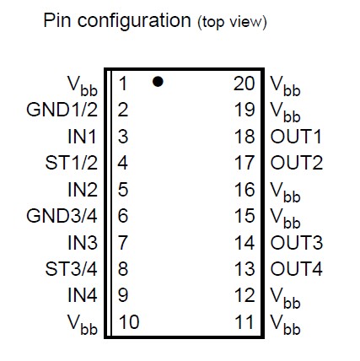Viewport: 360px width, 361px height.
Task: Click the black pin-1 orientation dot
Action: [158, 82]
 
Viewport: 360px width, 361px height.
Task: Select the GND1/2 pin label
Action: [62, 110]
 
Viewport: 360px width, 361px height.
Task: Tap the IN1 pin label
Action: [83, 137]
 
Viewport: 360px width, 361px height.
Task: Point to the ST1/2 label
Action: [72, 163]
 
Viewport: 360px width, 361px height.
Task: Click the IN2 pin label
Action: [83, 189]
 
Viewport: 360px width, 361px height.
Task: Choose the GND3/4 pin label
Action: [62, 216]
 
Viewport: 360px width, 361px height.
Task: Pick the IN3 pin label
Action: [83, 243]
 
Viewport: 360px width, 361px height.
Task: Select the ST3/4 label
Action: [72, 269]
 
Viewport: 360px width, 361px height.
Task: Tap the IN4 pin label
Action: [83, 295]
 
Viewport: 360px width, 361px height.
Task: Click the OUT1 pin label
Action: [296, 137]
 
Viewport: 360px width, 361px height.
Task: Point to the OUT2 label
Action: [297, 163]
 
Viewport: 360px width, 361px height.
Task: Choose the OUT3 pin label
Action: [297, 243]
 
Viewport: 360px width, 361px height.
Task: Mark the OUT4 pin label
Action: [297, 269]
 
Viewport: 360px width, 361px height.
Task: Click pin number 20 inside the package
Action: [244, 84]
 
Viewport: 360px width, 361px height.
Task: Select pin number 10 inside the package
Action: [129, 321]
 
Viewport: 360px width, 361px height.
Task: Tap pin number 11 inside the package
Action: [244, 321]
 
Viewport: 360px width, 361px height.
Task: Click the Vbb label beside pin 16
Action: [285, 192]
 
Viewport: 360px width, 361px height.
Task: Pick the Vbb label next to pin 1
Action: [83, 86]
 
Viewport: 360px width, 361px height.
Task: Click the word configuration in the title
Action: [134, 22]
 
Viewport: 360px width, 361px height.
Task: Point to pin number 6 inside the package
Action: [123, 216]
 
